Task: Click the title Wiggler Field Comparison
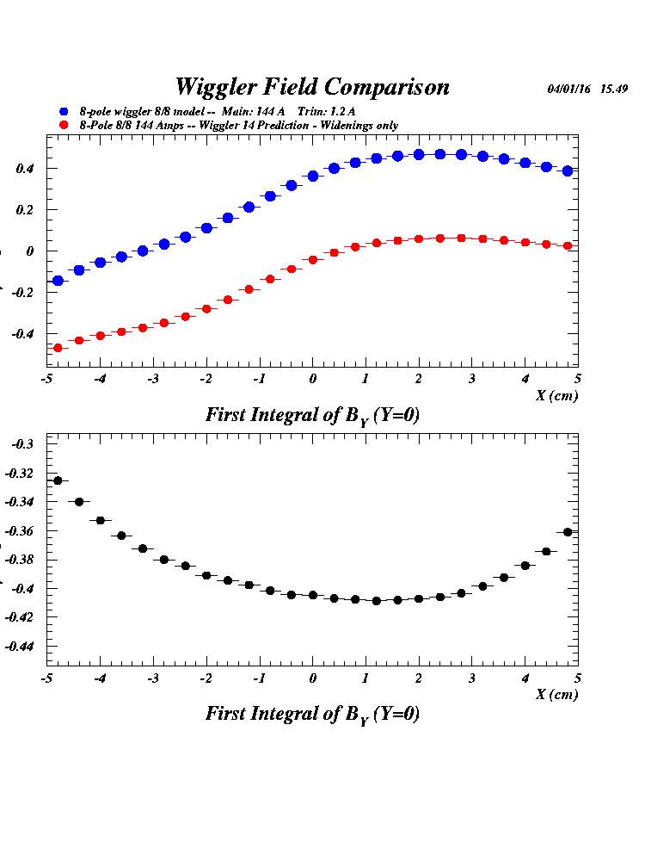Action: [x=312, y=87]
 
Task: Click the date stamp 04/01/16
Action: [x=568, y=89]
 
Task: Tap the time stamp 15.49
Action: [x=613, y=89]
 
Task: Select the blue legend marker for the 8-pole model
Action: [x=63, y=112]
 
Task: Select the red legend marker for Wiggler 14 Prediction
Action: [x=63, y=126]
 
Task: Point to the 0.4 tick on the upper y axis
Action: [x=24, y=169]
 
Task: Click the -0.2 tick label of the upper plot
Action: [x=21, y=293]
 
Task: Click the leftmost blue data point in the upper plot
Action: [x=58, y=281]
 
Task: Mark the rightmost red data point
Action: [x=568, y=246]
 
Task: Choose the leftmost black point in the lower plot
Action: [x=58, y=480]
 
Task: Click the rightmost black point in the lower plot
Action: [x=568, y=532]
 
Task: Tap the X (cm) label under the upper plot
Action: [x=556, y=395]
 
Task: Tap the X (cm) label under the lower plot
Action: [x=556, y=695]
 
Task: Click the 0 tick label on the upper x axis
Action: [x=313, y=379]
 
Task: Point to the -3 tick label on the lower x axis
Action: [x=153, y=678]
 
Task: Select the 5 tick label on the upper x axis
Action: [x=578, y=379]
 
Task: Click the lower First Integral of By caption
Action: [x=312, y=715]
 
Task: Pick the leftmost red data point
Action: [x=58, y=348]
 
